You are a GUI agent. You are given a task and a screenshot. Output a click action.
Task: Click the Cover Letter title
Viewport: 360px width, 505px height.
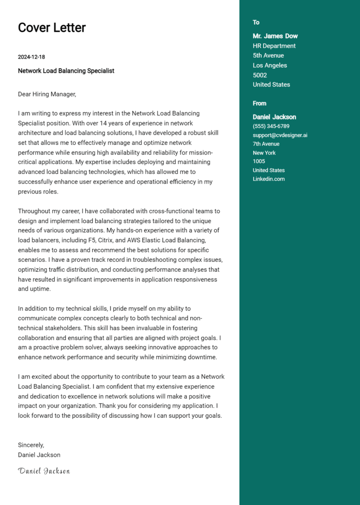[52, 28]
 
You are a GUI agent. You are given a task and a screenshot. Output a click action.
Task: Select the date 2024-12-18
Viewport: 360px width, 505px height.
[31, 57]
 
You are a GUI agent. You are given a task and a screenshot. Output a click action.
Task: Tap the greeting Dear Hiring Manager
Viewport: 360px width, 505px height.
[46, 94]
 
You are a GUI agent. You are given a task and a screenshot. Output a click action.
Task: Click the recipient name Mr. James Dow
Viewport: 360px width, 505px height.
[275, 36]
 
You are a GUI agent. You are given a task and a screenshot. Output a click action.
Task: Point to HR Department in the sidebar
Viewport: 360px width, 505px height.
[274, 46]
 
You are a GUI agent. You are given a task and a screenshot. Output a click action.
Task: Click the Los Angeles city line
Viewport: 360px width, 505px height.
[270, 66]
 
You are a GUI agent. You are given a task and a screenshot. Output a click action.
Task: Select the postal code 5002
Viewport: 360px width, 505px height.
[260, 75]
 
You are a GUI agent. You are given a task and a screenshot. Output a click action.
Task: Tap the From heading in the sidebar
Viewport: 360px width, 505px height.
[259, 104]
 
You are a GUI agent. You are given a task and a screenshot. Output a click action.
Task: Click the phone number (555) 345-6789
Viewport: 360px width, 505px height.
[271, 126]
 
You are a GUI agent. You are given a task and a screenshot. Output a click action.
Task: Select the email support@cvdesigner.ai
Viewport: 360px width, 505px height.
[280, 135]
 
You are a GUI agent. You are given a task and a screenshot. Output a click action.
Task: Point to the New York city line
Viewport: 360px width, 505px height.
[264, 153]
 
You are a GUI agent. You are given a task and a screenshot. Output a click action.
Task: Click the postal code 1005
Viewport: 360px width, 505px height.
[259, 162]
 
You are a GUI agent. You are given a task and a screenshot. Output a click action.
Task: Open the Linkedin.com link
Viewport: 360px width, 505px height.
[269, 179]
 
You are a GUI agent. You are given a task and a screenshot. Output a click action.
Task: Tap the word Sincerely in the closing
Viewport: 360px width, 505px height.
[30, 445]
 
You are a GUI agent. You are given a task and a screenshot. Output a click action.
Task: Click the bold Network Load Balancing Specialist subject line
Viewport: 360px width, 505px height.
[66, 71]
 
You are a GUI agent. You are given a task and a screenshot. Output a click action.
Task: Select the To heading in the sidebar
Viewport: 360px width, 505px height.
[256, 22]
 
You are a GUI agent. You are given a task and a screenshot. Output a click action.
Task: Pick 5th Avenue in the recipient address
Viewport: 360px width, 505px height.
[268, 56]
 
